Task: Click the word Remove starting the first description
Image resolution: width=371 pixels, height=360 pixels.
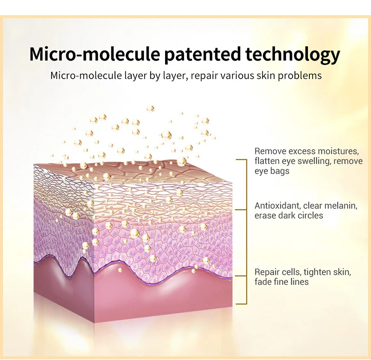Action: pyautogui.click(x=268, y=152)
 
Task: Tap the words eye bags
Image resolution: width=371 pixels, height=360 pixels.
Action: pyautogui.click(x=272, y=171)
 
